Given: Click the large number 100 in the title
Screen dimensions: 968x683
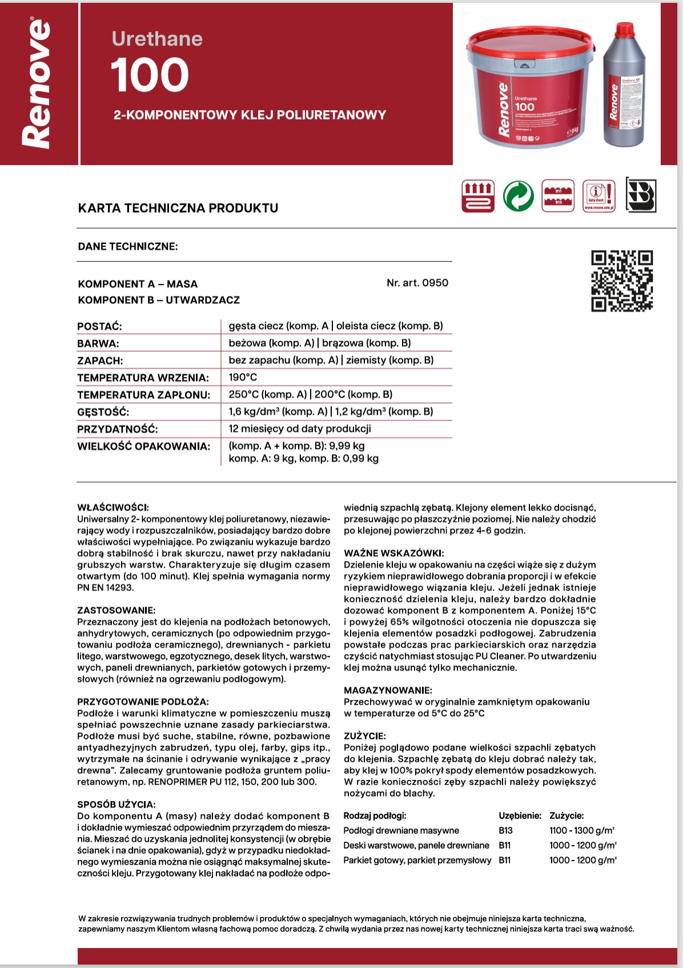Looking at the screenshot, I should (x=150, y=75).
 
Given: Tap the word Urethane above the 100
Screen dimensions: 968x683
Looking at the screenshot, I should (x=157, y=39).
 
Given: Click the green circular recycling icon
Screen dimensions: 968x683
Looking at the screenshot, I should (x=519, y=196).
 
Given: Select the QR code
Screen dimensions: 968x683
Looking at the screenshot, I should (x=622, y=281).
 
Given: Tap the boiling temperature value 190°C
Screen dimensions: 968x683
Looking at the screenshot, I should (x=243, y=377).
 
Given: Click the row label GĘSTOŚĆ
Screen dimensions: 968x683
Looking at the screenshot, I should (x=103, y=412).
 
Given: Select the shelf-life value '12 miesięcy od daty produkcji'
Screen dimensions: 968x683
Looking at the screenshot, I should (x=300, y=429).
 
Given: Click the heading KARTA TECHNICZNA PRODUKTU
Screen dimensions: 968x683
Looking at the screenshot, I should (x=178, y=208).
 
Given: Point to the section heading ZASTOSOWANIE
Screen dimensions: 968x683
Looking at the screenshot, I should (x=116, y=610).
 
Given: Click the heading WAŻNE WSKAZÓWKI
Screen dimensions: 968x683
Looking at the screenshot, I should (x=394, y=553).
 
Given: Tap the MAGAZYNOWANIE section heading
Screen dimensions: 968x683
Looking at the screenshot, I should (x=388, y=690).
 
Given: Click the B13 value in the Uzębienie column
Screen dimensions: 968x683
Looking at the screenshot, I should (x=505, y=830).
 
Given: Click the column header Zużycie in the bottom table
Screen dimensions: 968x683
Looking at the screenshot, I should (x=567, y=816).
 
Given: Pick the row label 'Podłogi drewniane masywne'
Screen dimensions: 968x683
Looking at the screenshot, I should (x=401, y=830).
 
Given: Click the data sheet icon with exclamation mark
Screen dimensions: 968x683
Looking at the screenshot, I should (x=599, y=196).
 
